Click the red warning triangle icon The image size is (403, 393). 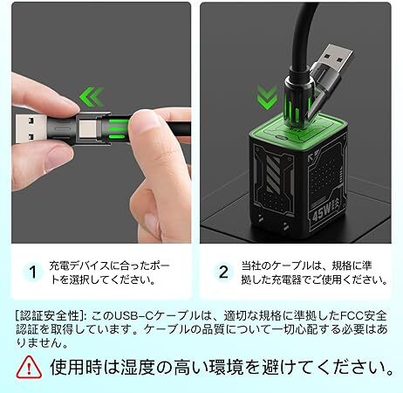point(29,367)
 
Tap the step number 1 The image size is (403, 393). point(33,272)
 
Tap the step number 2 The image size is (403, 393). point(223,272)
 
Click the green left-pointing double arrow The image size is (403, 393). point(92,96)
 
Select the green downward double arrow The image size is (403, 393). point(267,97)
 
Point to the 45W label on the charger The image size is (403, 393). point(322,211)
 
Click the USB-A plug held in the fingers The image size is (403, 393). point(31,128)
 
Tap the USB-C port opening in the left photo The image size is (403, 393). point(87,129)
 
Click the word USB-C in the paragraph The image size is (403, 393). point(133,316)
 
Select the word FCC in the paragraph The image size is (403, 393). point(352,316)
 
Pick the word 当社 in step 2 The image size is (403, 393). point(251,265)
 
